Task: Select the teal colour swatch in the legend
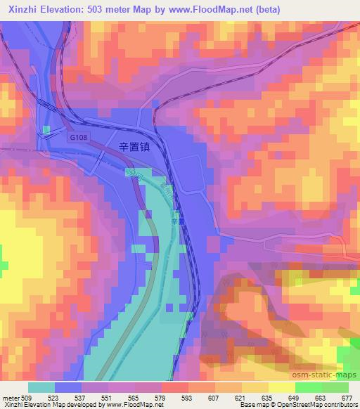[x=41, y=387]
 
